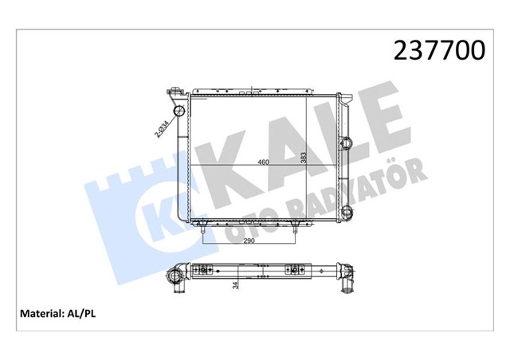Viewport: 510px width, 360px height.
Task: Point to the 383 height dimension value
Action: click(x=303, y=158)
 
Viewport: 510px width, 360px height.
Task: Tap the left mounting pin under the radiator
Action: click(x=204, y=229)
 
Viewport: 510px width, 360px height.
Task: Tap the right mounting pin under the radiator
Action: click(x=296, y=229)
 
